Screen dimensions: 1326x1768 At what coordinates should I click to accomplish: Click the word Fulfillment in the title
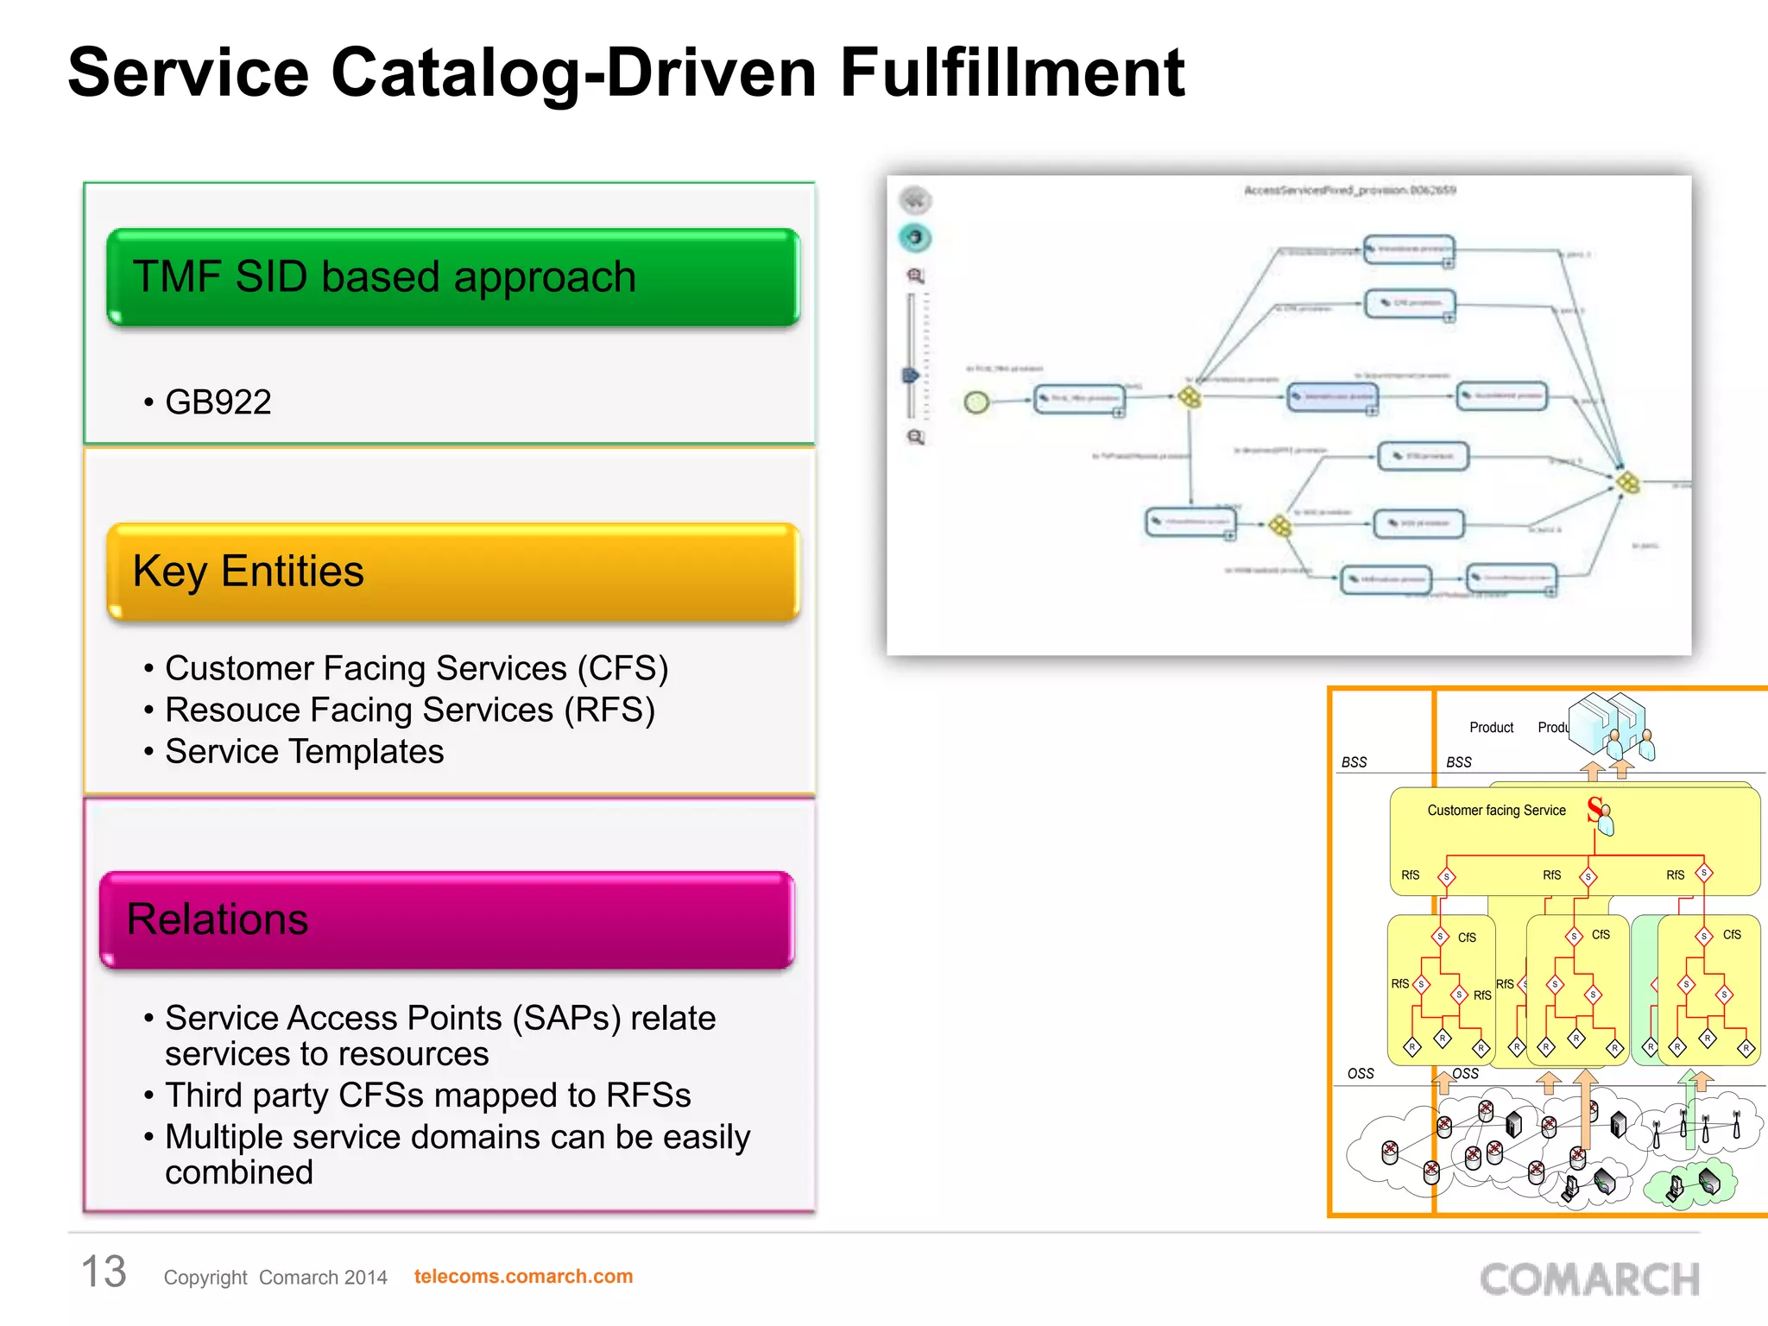coord(1012,73)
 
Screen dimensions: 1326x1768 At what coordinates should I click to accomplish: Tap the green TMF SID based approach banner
coord(453,277)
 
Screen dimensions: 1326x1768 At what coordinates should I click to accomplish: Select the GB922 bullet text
coord(218,402)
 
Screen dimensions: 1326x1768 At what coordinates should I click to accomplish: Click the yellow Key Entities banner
coord(453,571)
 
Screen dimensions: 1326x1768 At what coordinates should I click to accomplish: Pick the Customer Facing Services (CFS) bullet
coord(416,668)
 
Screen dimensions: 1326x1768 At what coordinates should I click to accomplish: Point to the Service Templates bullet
coord(304,751)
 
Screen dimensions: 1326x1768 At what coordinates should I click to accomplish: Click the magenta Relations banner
coord(447,919)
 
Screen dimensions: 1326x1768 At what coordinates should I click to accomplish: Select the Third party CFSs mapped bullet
coord(427,1095)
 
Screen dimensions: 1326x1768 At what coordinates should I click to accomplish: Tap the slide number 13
coord(104,1272)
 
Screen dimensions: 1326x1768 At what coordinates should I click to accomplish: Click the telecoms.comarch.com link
coord(523,1276)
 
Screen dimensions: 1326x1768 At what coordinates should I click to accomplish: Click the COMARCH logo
coord(1589,1279)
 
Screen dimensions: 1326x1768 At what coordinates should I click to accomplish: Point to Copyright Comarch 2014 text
coord(275,1277)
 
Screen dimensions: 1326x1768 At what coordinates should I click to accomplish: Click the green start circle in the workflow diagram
coord(976,402)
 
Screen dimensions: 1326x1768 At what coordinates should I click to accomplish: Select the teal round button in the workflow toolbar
coord(915,237)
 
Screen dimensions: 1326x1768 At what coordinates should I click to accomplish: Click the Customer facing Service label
coord(1496,811)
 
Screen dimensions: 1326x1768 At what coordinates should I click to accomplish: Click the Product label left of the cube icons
coord(1491,728)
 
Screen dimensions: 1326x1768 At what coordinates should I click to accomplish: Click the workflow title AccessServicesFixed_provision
coord(1349,190)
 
